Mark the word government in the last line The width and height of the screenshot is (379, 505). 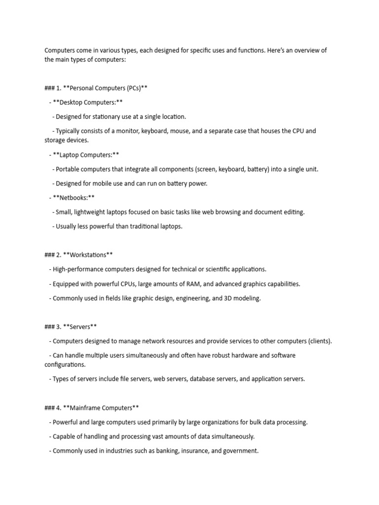241,451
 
